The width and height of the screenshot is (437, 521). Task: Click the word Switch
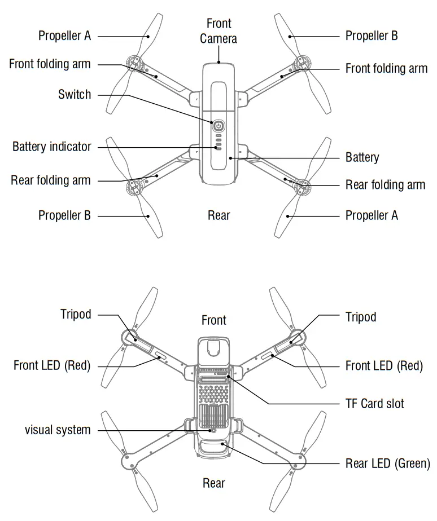pyautogui.click(x=75, y=94)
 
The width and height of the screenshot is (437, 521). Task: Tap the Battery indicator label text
pyautogui.click(x=52, y=147)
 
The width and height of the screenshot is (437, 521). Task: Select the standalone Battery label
pyautogui.click(x=362, y=157)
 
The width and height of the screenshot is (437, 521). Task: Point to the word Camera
pyautogui.click(x=218, y=38)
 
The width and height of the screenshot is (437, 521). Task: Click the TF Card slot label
pyautogui.click(x=374, y=404)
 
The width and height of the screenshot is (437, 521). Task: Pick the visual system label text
pyautogui.click(x=58, y=430)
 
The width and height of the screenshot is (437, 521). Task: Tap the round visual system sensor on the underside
pyautogui.click(x=213, y=430)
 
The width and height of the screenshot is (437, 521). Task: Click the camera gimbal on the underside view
pyautogui.click(x=213, y=349)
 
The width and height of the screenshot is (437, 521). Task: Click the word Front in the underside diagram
pyautogui.click(x=214, y=320)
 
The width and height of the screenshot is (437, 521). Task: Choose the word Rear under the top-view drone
pyautogui.click(x=219, y=215)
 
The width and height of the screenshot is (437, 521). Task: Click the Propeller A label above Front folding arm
pyautogui.click(x=64, y=36)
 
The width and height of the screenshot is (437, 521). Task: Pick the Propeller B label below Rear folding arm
pyautogui.click(x=64, y=215)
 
